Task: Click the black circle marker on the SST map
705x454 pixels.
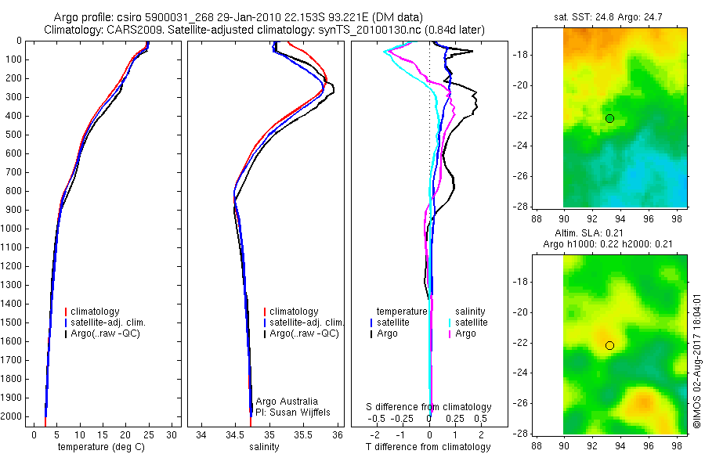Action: pos(609,118)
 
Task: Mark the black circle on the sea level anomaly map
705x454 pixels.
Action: pos(609,345)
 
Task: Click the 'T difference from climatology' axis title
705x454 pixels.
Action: pos(428,447)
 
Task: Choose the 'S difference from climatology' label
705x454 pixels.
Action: pos(429,407)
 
